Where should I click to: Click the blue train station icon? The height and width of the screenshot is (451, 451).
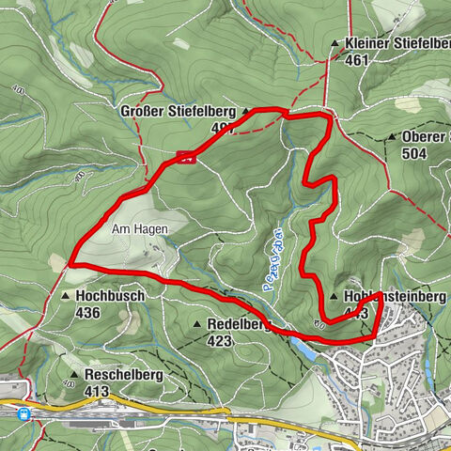pos(23,412)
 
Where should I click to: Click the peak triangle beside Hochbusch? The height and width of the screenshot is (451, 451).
pos(65,295)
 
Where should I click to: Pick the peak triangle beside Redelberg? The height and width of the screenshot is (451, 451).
pos(197,324)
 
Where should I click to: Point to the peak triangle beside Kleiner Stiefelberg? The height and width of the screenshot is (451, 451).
pos(334,43)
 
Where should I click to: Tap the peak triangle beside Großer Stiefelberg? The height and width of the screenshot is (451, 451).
pos(246,112)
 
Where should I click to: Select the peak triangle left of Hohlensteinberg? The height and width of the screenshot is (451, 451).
pos(334,297)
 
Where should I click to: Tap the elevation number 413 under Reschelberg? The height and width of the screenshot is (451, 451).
pos(96,390)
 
